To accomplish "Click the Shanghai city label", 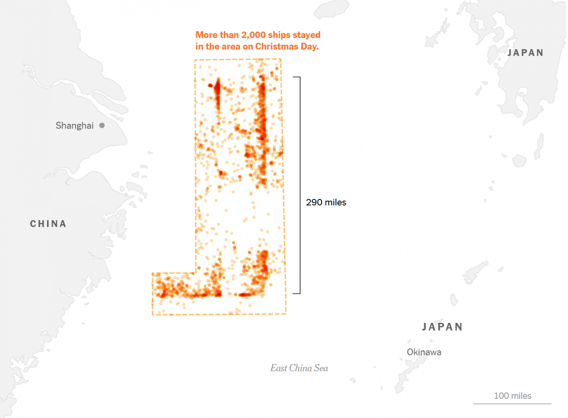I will (x=75, y=126).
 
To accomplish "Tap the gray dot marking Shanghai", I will (x=102, y=125).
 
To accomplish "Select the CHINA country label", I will (x=48, y=224).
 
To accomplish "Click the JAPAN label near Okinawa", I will (x=442, y=327).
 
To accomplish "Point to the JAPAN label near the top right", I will (x=525, y=53).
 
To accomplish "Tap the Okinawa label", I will (x=424, y=352).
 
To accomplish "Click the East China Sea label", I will (x=299, y=368).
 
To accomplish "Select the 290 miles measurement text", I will (x=326, y=202).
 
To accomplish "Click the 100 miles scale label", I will (x=512, y=396).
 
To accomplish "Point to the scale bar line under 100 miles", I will (x=512, y=403).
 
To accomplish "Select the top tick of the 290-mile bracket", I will (x=297, y=77).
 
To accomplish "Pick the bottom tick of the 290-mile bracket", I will (x=297, y=293).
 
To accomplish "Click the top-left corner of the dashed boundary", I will (x=195, y=60).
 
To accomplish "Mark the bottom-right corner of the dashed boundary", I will (x=286, y=313).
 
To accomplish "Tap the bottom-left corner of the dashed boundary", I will (x=152, y=315).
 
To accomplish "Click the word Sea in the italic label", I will (x=321, y=368).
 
